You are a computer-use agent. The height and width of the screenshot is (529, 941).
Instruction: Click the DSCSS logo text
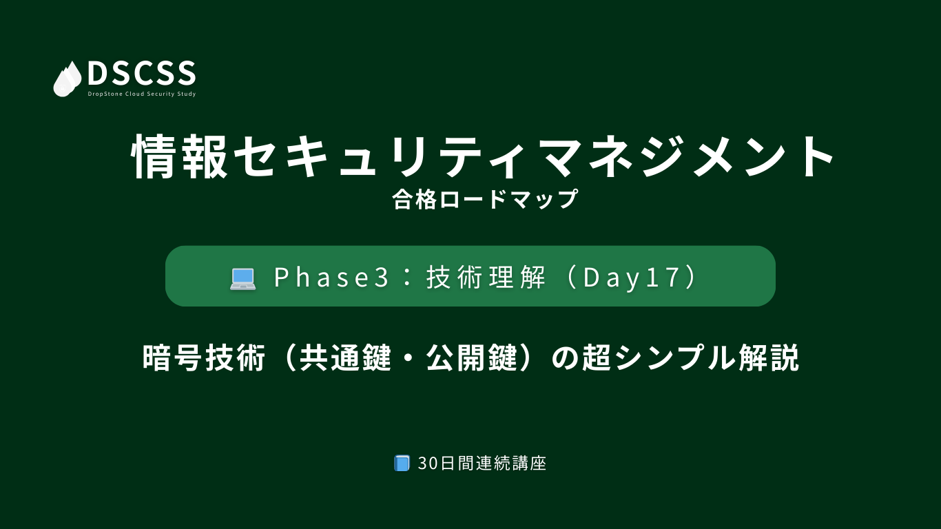point(142,73)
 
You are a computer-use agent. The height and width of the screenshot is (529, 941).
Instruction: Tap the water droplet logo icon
point(68,79)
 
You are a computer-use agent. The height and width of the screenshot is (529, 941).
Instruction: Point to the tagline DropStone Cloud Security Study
point(142,94)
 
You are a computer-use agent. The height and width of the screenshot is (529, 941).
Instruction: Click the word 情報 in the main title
point(180,156)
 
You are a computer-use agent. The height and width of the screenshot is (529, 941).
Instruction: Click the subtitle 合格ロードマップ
point(485,199)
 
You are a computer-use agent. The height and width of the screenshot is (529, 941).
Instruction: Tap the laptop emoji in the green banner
point(242,278)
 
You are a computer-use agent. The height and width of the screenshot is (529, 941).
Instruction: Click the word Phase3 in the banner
point(331,278)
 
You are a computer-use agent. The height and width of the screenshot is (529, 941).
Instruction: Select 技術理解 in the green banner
point(486,278)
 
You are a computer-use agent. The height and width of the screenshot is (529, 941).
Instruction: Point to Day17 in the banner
point(631,278)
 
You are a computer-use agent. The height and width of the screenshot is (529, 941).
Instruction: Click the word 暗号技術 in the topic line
point(204,358)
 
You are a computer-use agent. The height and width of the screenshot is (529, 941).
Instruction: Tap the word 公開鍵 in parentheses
point(472,358)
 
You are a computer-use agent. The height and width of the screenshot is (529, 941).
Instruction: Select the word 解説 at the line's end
point(769,358)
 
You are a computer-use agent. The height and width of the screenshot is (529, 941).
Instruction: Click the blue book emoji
point(402,463)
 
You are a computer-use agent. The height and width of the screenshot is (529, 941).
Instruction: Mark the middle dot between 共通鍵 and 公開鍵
point(409,358)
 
